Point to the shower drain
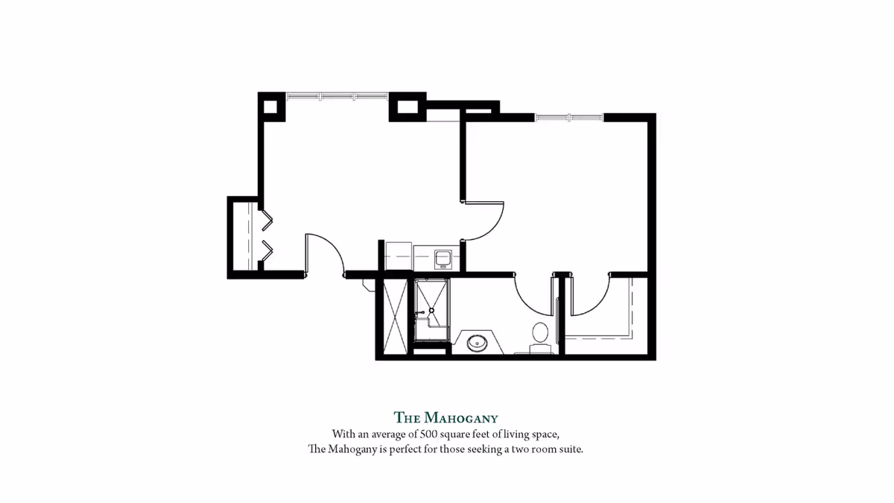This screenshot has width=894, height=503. click(431, 311)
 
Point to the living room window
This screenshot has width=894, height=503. click(337, 95)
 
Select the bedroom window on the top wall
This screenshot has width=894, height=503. click(568, 116)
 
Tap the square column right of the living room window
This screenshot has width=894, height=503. click(407, 106)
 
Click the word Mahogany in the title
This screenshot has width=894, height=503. click(461, 417)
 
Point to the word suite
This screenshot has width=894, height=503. click(568, 450)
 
